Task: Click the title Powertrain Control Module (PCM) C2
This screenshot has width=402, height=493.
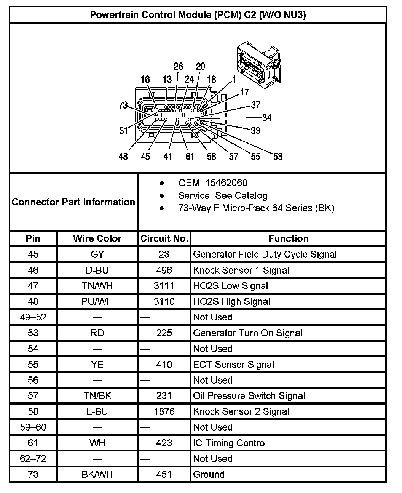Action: pos(198,15)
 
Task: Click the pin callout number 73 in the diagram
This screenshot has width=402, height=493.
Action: pos(123,105)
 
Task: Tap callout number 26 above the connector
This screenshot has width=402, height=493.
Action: pos(178,66)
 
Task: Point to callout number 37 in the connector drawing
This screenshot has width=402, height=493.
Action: pos(256,105)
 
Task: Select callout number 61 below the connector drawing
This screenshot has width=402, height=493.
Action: pos(190,156)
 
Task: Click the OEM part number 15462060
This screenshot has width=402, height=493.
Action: pos(226,183)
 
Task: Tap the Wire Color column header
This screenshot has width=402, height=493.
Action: pos(97,238)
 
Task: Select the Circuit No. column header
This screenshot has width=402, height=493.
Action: pos(164,238)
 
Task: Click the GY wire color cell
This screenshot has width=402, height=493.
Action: pos(97,254)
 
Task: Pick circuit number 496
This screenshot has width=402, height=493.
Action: pos(164,270)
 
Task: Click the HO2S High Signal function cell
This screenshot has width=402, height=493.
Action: pos(231,301)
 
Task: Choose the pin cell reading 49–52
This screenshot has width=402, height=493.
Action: pos(33,317)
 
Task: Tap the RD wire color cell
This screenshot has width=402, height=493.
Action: pos(97,333)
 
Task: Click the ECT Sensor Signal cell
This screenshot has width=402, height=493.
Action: pos(233,364)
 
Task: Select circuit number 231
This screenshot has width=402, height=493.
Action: pos(164,395)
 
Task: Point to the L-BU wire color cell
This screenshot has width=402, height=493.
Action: pos(97,411)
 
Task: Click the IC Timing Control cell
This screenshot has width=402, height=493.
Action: pos(230,443)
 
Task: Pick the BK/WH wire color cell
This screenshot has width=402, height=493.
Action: pos(97,474)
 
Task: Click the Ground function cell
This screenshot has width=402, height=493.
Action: pos(209,474)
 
